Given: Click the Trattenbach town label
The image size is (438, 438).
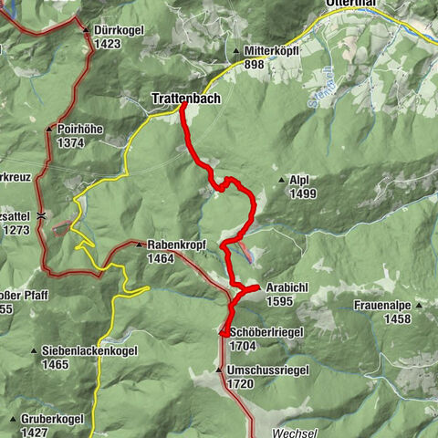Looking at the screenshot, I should [185, 99].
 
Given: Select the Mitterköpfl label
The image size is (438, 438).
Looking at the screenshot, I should [275, 51].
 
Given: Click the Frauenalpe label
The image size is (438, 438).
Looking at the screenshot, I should [383, 307].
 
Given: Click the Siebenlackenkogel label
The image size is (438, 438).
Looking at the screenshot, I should [81, 350].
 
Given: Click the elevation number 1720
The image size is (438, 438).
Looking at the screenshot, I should [241, 384].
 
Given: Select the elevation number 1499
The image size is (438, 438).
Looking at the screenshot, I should [303, 193].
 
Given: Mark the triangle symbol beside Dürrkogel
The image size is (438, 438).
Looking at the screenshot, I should [86, 30].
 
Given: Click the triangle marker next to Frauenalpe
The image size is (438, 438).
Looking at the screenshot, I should [419, 306].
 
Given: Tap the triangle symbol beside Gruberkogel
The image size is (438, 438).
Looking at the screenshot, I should [12, 419].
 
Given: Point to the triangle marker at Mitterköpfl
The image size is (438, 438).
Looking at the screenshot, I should [235, 51].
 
